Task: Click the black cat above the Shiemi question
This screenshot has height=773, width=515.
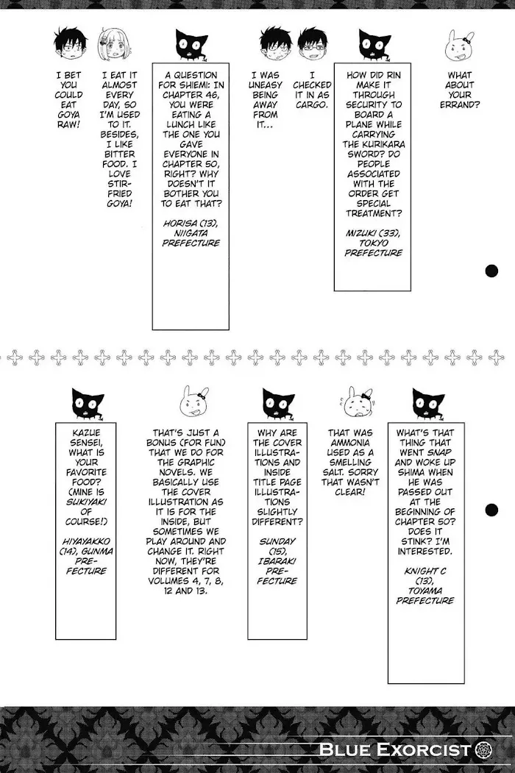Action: click(191, 46)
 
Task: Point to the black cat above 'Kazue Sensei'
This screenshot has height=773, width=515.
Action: click(87, 405)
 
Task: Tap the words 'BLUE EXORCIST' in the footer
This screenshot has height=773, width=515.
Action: click(395, 749)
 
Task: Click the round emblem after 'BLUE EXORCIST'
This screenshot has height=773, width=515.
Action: click(483, 750)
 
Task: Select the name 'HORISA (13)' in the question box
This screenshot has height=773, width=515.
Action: click(191, 224)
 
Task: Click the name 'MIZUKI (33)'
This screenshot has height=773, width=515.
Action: click(373, 233)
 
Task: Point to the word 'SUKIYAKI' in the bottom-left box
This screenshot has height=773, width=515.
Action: click(86, 502)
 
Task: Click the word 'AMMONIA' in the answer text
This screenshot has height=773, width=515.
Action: click(351, 443)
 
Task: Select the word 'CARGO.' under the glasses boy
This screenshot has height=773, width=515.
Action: click(312, 105)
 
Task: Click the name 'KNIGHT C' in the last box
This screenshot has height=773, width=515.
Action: click(425, 571)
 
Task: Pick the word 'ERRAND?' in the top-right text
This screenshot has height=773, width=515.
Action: click(459, 105)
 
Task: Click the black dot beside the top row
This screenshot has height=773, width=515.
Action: click(491, 271)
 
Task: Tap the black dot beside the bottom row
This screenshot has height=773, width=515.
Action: click(491, 510)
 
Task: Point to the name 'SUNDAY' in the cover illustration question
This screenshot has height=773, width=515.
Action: click(277, 541)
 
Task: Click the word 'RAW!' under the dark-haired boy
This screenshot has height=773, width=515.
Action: click(68, 125)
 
